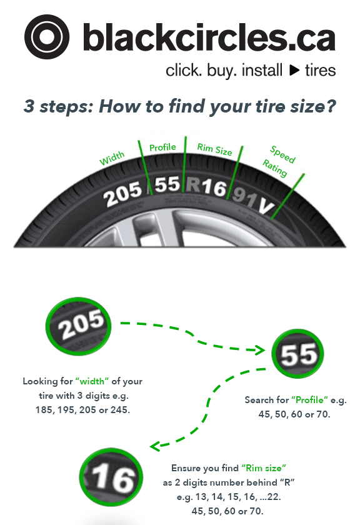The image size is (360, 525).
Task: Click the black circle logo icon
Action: pyautogui.click(x=48, y=37)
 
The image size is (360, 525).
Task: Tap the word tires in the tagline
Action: pyautogui.click(x=321, y=70)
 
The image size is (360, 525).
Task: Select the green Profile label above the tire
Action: pyautogui.click(x=162, y=148)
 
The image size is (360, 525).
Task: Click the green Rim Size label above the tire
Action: pyautogui.click(x=214, y=151)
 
